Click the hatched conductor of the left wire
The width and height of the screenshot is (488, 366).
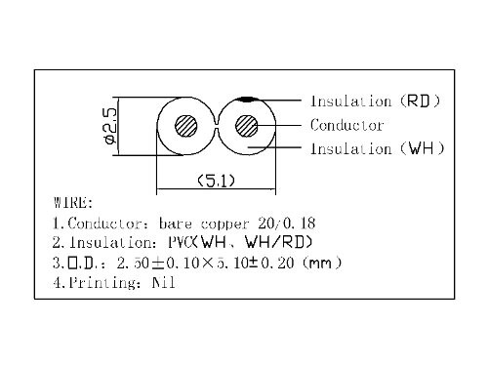(x=185, y=126)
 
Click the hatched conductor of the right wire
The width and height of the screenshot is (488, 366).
(x=246, y=126)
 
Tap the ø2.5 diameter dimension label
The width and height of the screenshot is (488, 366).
(x=110, y=126)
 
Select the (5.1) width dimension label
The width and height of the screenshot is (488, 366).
(x=217, y=181)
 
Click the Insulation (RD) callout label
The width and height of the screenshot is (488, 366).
(x=376, y=101)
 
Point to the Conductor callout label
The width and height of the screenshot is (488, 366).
(x=346, y=125)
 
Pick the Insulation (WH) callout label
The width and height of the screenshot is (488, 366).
(x=378, y=148)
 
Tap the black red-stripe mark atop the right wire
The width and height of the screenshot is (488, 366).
(x=249, y=100)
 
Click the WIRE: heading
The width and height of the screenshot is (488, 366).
(x=73, y=202)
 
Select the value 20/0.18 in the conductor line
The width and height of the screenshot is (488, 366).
(x=287, y=224)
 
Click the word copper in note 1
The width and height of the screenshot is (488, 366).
(x=224, y=224)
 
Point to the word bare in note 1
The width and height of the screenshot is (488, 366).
(x=176, y=224)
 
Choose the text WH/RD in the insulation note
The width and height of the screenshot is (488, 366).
(x=278, y=242)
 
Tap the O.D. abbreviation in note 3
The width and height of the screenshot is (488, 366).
(x=82, y=263)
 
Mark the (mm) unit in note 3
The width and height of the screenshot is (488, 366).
(x=322, y=263)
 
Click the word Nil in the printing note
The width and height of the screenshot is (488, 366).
(x=164, y=282)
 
